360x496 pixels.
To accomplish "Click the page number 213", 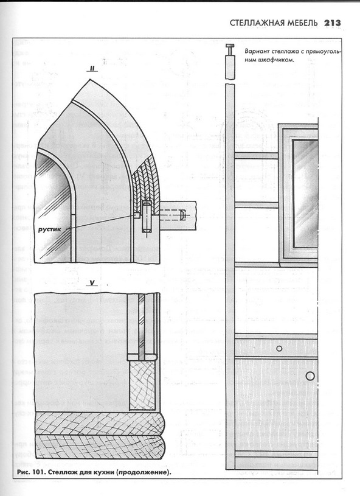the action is coord(333,23).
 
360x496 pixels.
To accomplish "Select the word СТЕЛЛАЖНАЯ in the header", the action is coord(257,23).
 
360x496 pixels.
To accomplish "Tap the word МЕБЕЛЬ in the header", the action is coord(302,23).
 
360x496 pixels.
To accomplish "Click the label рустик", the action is coord(50,229).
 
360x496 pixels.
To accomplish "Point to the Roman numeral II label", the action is coord(93,68).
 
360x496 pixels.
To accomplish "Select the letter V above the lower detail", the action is coord(92,283).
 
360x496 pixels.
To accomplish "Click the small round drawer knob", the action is coord(279,348).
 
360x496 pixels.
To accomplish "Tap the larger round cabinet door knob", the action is coord(310,375).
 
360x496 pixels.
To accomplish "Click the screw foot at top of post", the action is coord(230,51).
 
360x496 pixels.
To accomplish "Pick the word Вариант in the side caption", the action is coord(255,51).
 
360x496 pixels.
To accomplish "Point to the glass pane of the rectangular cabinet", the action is coord(305,193).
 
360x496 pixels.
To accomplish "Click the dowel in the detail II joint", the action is coord(147,218).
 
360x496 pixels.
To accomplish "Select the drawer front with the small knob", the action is coord(276,347).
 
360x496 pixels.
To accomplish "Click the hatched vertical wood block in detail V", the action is coord(142,386).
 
